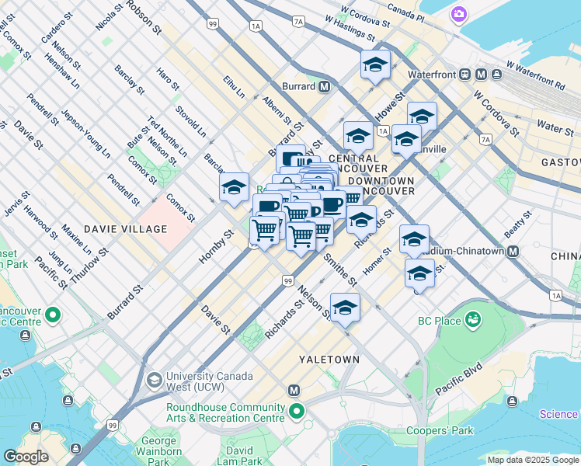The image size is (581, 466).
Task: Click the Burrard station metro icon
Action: [x=323, y=86]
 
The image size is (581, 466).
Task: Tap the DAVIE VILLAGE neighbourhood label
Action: [x=125, y=229]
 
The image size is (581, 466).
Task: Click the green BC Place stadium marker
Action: [x=472, y=320]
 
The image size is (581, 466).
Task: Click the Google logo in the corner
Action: [x=26, y=457]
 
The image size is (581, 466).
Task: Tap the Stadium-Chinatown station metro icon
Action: [x=512, y=251]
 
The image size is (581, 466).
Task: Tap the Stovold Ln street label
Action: [x=190, y=121]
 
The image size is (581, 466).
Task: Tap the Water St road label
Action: [x=555, y=126]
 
